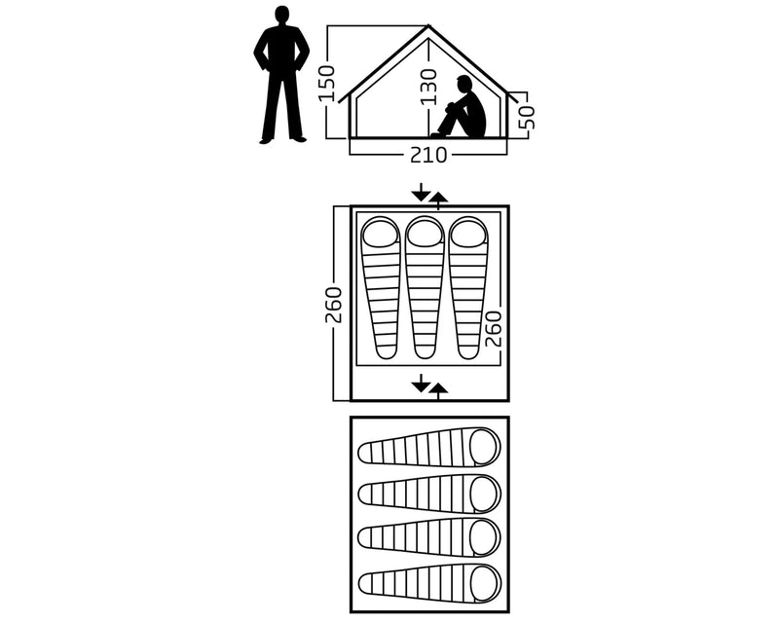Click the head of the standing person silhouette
click(x=282, y=15)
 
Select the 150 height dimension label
click(x=328, y=84)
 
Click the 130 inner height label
click(x=427, y=88)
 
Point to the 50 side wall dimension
click(x=526, y=116)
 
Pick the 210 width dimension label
click(x=428, y=155)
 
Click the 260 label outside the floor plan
click(x=334, y=305)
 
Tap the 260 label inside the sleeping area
click(x=494, y=328)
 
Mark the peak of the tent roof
click(x=428, y=26)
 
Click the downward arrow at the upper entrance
click(x=422, y=192)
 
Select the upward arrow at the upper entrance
click(x=438, y=202)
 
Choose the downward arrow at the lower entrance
click(x=422, y=383)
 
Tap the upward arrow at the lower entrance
click(x=438, y=391)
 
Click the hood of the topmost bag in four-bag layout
click(x=484, y=446)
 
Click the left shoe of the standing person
click(x=267, y=140)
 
